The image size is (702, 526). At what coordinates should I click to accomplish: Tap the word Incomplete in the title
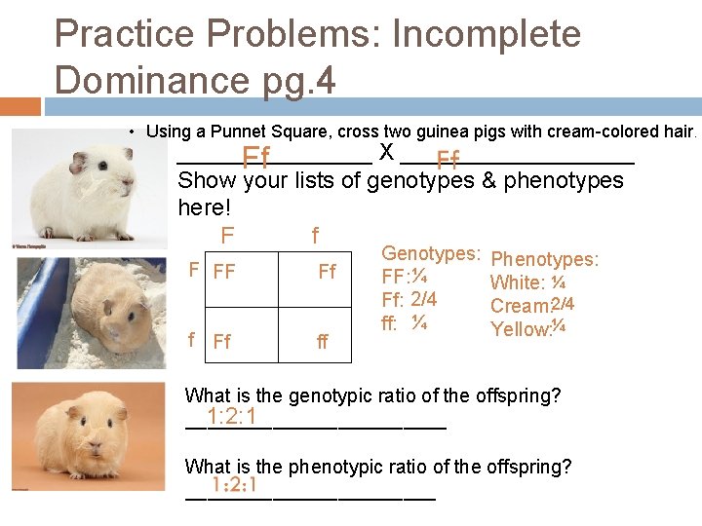[x=486, y=34]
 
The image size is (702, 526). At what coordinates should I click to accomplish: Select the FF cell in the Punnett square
[x=224, y=272]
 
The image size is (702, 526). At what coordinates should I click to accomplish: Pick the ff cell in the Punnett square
[x=323, y=342]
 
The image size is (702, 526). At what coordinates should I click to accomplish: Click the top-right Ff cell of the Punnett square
[x=328, y=272]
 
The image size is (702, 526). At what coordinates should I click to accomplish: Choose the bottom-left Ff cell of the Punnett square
[x=222, y=342]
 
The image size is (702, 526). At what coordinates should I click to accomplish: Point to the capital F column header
[x=227, y=236]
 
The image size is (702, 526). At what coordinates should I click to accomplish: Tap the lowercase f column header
[x=314, y=236]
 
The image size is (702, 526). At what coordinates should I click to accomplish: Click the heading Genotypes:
[x=430, y=254]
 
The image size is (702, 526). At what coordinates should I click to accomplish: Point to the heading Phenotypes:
[x=544, y=259]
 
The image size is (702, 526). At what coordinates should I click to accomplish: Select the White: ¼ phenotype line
[x=528, y=282]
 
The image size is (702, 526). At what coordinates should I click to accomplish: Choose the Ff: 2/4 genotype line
[x=409, y=299]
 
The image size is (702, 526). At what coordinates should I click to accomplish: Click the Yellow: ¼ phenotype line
[x=528, y=328]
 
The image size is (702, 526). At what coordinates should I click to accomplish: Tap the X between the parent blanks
[x=386, y=153]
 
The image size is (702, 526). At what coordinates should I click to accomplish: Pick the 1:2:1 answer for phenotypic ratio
[x=225, y=485]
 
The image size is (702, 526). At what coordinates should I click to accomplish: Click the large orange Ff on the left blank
[x=256, y=157]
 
